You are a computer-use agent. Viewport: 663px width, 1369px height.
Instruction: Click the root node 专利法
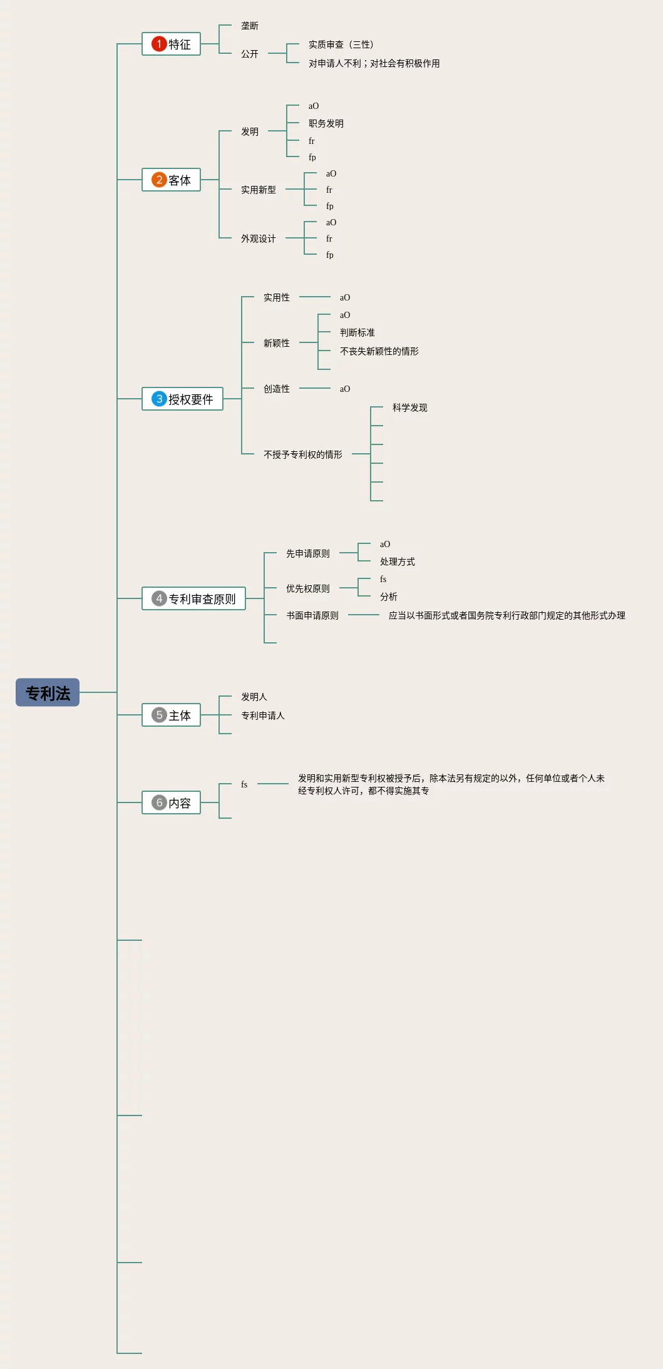pos(48,692)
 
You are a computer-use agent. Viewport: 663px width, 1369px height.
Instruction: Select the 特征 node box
pos(171,44)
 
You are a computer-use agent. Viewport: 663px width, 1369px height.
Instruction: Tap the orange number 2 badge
pos(159,180)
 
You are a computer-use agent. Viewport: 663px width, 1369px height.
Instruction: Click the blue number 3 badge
pos(159,399)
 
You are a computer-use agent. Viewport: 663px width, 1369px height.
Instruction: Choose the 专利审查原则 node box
pos(193,598)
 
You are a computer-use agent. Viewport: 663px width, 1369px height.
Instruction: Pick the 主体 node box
pos(171,715)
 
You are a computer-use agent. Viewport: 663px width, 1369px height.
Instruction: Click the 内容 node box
pos(171,802)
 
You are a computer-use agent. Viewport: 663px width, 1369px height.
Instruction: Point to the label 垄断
pos(250,26)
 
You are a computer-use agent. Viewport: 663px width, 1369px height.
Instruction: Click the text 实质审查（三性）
pos(341,44)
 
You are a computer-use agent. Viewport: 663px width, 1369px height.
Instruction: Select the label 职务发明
pos(326,123)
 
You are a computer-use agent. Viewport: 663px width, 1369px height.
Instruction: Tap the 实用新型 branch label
pos(259,190)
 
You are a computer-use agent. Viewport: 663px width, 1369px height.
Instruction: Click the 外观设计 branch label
pos(259,238)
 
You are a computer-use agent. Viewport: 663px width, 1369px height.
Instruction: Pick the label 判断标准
pos(357,332)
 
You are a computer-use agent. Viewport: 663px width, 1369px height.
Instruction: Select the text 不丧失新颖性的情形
pos(379,351)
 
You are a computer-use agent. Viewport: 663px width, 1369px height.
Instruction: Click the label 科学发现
pos(410,408)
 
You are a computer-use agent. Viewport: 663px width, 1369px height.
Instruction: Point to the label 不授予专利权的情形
pos(303,454)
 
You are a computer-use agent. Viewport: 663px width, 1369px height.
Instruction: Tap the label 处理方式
pos(398,561)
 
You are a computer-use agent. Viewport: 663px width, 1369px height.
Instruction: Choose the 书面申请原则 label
pos(312,615)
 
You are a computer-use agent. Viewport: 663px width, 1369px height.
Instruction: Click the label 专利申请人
pos(263,715)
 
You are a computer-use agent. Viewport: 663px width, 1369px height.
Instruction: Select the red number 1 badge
pos(159,44)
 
